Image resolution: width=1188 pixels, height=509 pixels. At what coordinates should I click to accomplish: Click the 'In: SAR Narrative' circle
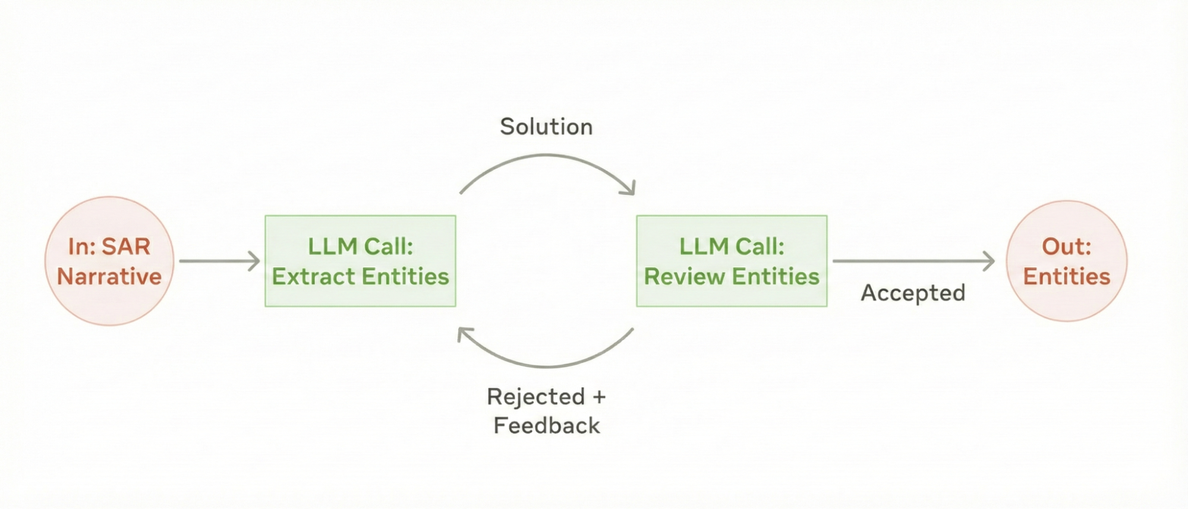coord(109,261)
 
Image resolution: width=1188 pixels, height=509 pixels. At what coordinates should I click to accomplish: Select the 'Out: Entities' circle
coord(1066,261)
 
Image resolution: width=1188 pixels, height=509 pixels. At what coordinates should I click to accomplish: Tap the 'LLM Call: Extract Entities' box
coord(360,261)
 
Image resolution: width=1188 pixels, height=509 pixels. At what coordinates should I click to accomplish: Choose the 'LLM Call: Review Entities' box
coord(732,261)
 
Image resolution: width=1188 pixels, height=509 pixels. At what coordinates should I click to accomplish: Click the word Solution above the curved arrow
coord(546,127)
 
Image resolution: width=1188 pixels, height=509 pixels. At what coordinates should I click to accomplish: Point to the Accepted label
coord(913,293)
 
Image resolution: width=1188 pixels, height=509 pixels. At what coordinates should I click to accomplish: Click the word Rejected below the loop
coord(535,396)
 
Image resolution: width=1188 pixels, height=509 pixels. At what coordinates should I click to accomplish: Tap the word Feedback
coord(546,425)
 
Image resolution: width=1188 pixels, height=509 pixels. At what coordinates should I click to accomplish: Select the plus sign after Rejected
coord(598,396)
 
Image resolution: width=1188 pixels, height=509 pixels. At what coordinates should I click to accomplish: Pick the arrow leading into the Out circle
coord(913,261)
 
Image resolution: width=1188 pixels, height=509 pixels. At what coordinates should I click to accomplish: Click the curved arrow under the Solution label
coord(546,156)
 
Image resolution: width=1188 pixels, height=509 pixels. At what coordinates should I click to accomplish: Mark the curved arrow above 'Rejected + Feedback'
coord(546,365)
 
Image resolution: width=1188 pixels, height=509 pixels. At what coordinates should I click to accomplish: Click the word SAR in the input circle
coord(126,246)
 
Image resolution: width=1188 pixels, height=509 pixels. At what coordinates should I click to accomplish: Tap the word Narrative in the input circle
coord(109,276)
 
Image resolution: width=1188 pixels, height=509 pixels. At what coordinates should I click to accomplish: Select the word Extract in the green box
coord(313,276)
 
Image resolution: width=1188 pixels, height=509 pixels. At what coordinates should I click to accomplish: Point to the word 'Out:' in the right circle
coord(1066,246)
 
